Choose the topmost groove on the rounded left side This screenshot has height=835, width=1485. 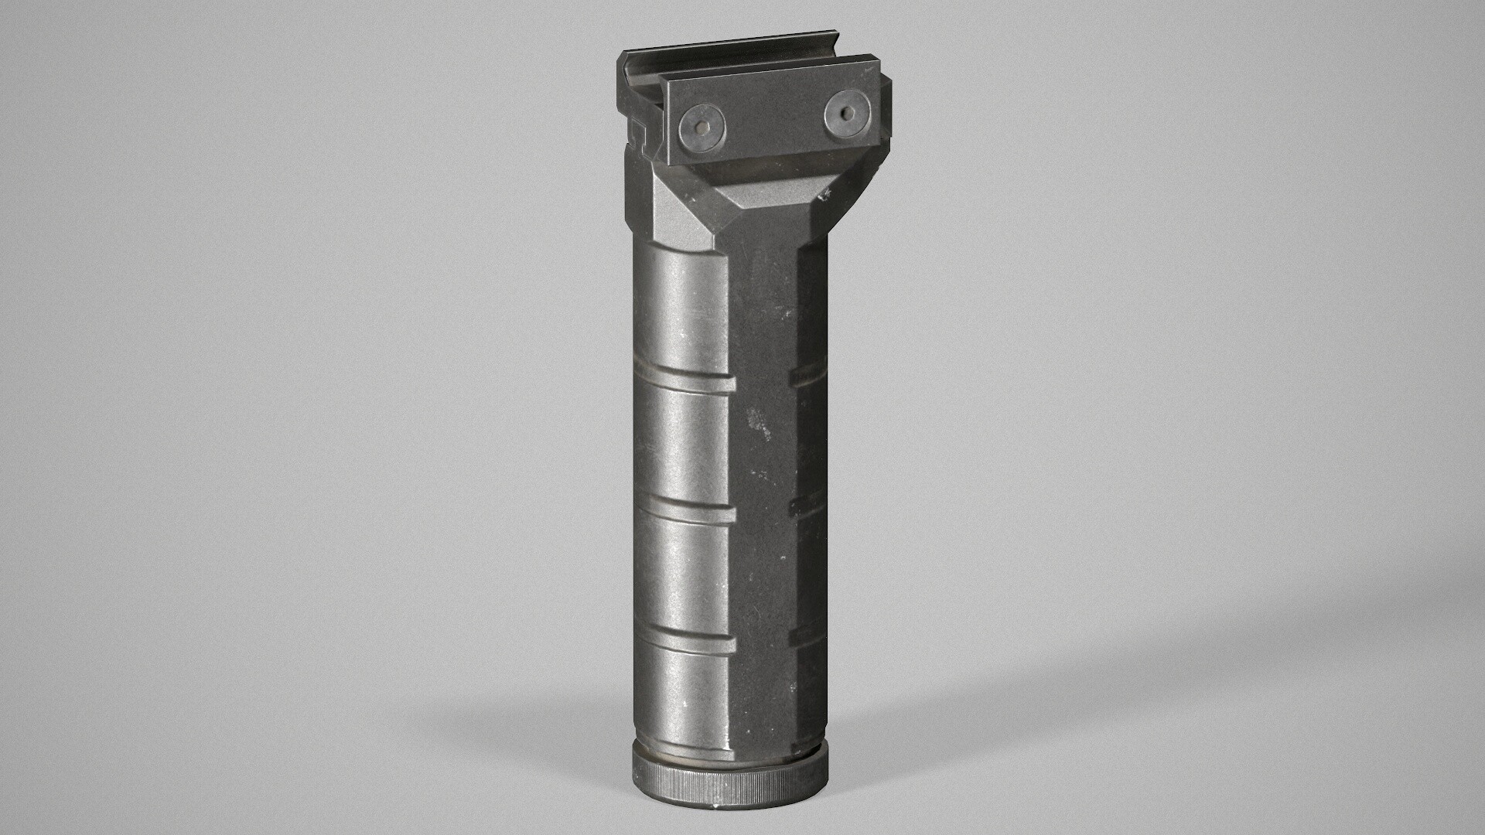pyautogui.click(x=684, y=382)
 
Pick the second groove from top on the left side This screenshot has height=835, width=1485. pyautogui.click(x=684, y=511)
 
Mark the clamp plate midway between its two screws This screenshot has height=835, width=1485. pyautogui.click(x=773, y=120)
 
